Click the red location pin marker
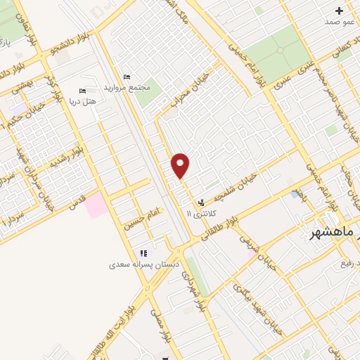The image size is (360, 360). (x=181, y=166)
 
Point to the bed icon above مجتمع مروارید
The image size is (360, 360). (x=127, y=77)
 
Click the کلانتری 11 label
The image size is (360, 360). (x=200, y=212)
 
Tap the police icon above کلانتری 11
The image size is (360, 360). (x=202, y=202)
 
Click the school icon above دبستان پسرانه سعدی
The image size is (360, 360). (x=143, y=253)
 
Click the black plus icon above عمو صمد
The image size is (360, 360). (x=340, y=11)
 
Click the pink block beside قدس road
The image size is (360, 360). (x=97, y=205)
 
